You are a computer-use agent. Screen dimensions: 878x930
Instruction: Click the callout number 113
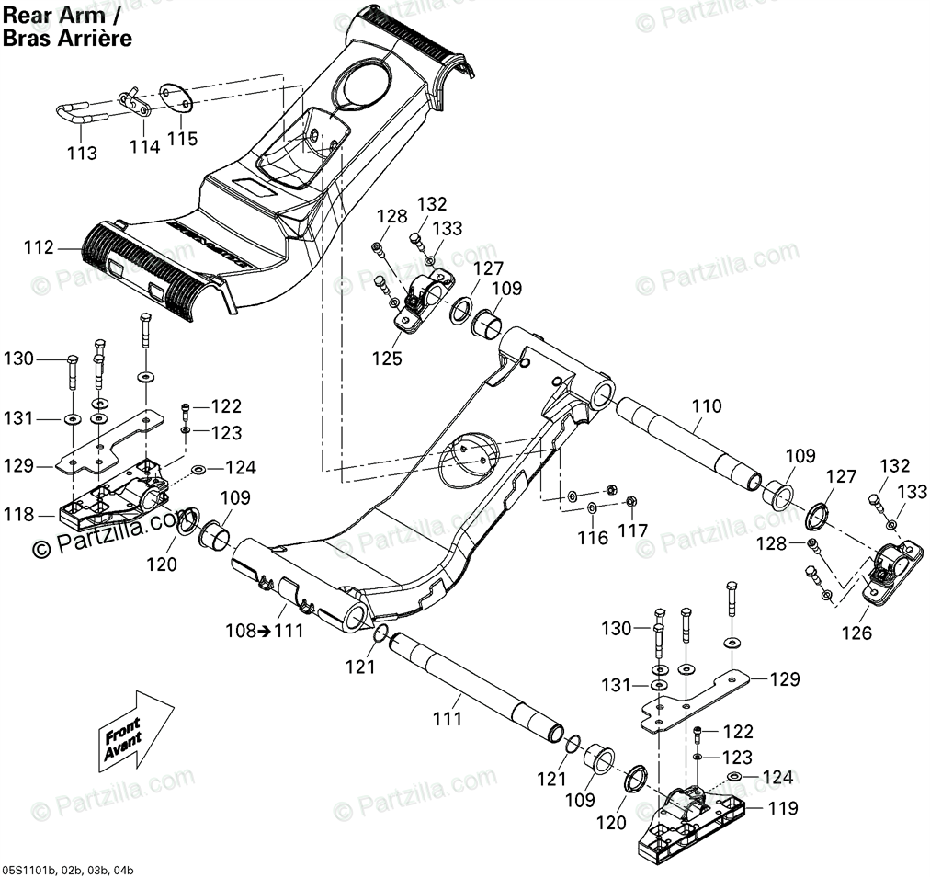pos(83,154)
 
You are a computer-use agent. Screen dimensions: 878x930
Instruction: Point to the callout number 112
pos(39,247)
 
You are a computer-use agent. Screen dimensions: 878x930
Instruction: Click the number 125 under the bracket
pos(387,358)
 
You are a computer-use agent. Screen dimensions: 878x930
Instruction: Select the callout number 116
pos(593,538)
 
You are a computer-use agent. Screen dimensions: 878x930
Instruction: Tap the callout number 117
pos(633,531)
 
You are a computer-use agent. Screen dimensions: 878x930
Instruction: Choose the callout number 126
pos(860,633)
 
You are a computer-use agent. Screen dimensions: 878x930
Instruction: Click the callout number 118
pos(17,515)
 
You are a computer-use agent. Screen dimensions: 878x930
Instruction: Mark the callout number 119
pos(784,810)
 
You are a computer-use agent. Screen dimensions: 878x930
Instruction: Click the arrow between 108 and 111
pos(259,631)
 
